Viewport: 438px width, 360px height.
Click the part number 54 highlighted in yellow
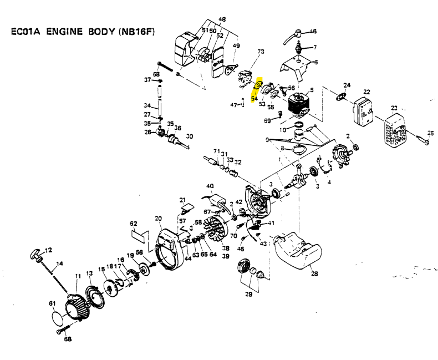254,99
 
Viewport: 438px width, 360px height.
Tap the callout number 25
430,133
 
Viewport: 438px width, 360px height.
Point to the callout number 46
313,31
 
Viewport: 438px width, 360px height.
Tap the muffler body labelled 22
363,111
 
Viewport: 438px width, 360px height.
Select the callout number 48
222,20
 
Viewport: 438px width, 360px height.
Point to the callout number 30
189,136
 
